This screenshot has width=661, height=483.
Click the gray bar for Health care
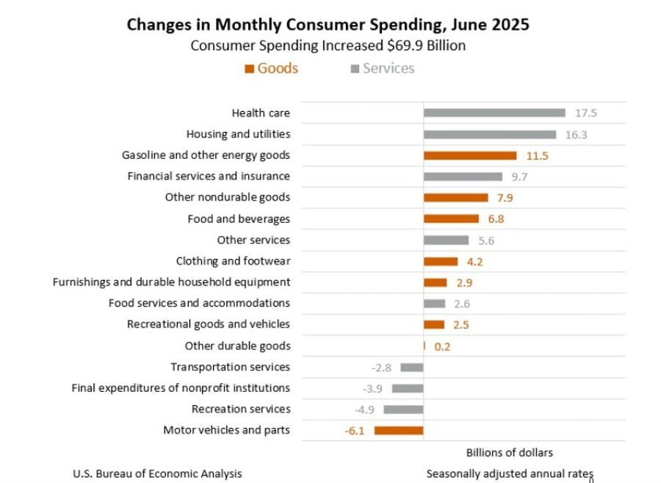tap(494, 112)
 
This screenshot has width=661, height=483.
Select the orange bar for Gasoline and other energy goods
tap(470, 155)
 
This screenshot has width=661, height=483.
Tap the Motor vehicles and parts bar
tap(399, 430)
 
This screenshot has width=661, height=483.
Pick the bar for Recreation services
tap(403, 409)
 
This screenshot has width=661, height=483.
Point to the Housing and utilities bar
tap(489, 135)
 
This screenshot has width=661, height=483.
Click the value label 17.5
tap(586, 113)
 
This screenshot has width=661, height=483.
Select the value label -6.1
tap(355, 431)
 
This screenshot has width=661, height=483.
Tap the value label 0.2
tap(442, 346)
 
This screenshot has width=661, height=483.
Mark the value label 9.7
tap(520, 177)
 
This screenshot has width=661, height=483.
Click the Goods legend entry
tap(271, 68)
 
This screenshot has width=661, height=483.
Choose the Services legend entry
tap(383, 68)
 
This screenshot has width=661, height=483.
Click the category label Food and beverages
tap(239, 218)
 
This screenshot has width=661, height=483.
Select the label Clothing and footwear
tap(233, 261)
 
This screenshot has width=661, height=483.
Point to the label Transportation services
tap(230, 367)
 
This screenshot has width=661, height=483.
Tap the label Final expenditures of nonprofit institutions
tap(180, 387)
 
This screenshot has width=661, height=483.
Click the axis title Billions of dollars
tap(510, 452)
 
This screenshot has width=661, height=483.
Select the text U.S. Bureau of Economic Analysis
tap(157, 473)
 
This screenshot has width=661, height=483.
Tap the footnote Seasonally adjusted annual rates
tap(510, 473)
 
